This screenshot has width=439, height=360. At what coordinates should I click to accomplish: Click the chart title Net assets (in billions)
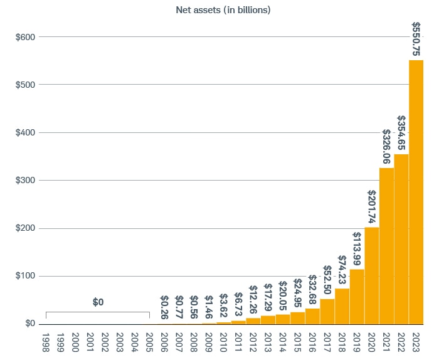232,11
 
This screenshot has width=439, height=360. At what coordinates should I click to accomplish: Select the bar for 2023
416,191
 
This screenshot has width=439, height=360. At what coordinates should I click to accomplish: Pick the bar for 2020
372,275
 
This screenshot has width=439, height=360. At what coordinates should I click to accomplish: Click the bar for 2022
401,239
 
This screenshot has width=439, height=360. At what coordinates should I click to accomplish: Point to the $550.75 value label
416,38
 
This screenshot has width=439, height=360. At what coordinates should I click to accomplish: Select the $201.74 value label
372,207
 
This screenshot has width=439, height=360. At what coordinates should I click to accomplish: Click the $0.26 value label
164,308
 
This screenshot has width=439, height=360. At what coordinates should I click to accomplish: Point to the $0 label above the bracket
98,302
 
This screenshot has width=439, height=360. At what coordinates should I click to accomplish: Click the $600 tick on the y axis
25,37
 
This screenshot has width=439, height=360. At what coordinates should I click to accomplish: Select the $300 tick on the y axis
25,181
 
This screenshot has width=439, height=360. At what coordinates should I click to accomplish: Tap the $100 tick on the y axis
25,276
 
